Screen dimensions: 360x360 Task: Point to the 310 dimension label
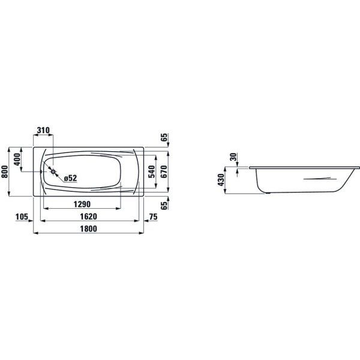click(43, 131)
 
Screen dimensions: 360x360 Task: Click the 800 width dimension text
click(5, 171)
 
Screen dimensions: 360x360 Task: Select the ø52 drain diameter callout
click(70, 178)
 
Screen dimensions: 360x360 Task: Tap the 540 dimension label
click(152, 171)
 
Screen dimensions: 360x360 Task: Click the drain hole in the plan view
click(54, 172)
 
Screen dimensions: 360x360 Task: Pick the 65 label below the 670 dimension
click(163, 204)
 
